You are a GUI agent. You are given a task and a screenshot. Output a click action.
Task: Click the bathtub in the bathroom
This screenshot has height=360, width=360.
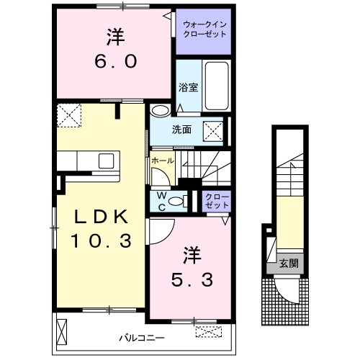(215, 85)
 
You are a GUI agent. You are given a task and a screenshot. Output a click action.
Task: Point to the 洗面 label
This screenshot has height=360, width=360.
(181, 130)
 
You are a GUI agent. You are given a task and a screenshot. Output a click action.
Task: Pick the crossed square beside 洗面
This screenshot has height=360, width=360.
(212, 130)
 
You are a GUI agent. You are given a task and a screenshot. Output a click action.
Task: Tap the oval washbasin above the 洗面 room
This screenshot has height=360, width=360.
(161, 110)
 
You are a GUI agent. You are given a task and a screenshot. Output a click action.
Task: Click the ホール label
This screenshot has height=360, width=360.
(162, 160)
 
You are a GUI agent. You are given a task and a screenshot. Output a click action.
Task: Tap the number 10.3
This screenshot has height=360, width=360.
(101, 242)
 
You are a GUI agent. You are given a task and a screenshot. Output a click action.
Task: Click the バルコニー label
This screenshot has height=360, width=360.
(142, 337)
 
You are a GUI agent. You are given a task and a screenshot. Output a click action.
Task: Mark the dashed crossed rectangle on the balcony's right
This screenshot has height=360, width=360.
(210, 332)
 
